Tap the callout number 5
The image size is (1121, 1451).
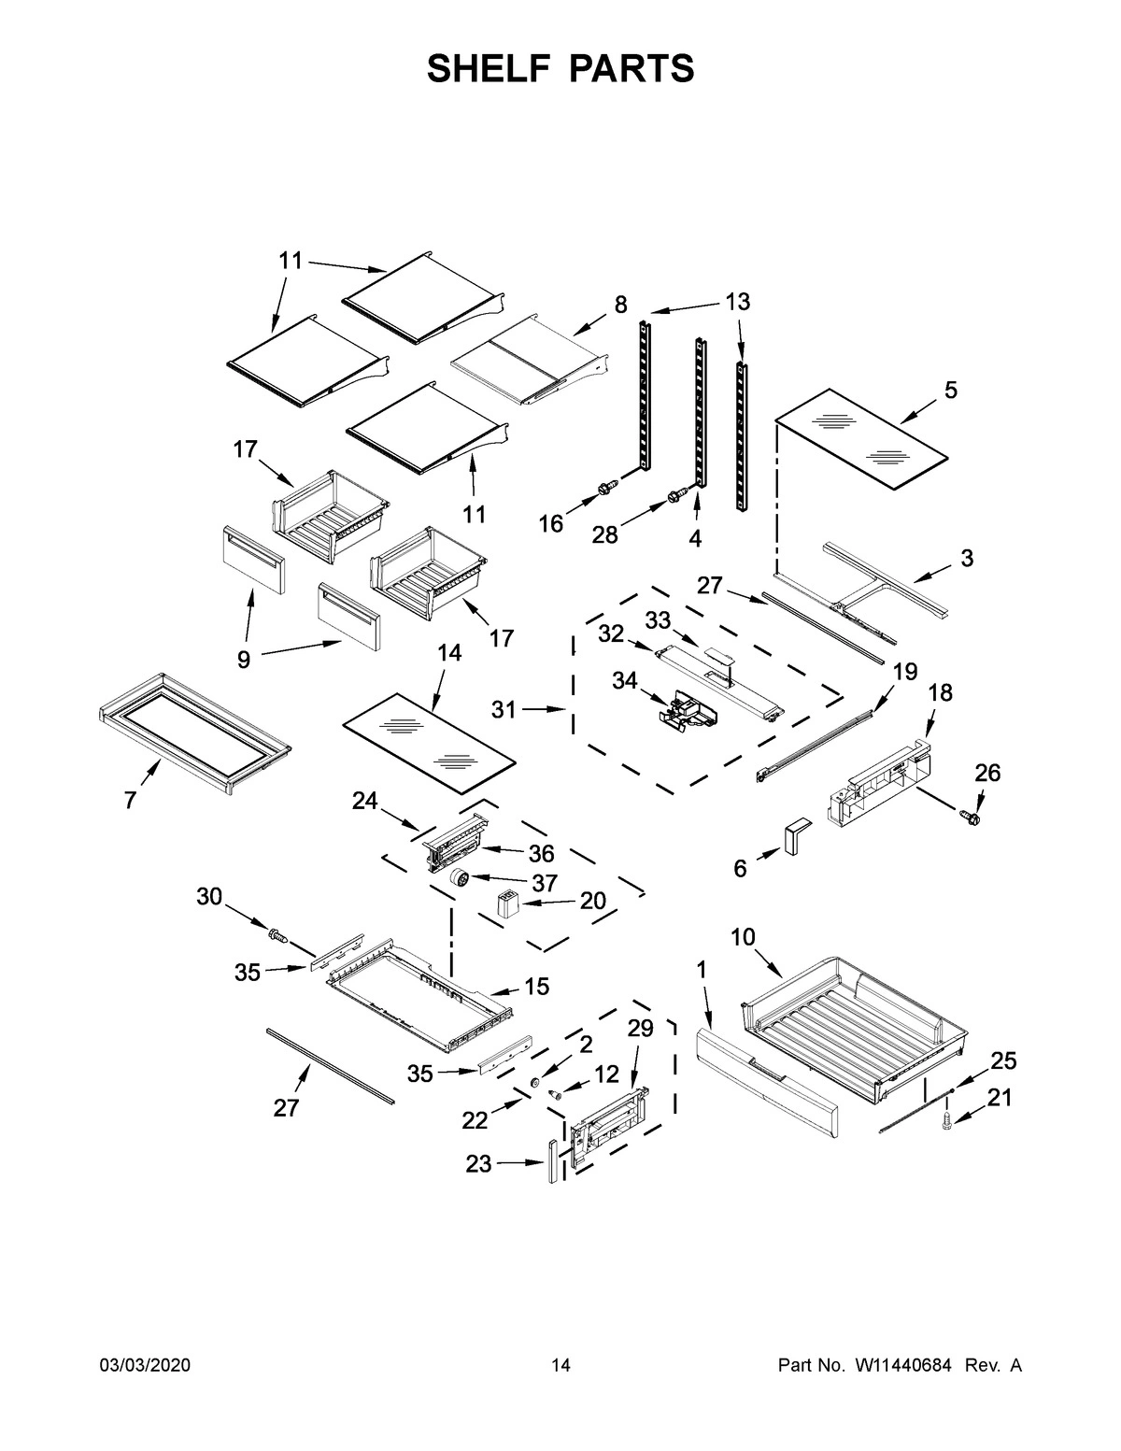950,391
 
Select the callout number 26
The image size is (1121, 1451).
987,773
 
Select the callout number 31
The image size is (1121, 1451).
504,710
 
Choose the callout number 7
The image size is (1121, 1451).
130,800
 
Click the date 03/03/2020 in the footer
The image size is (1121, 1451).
145,1366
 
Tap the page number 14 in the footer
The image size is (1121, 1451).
560,1366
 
